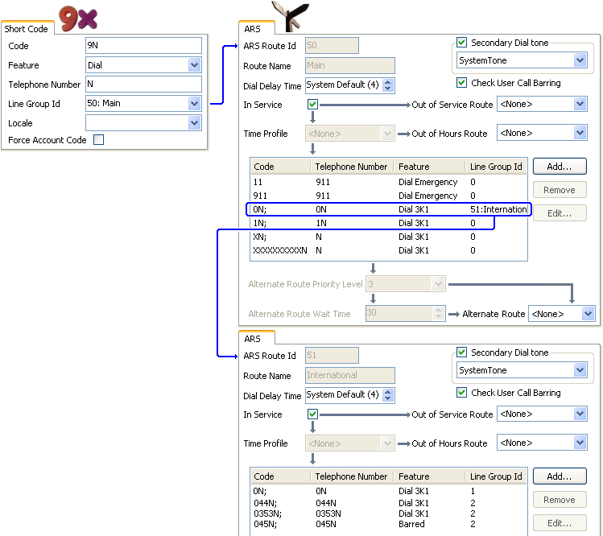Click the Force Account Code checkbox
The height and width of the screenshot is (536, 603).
[98, 139]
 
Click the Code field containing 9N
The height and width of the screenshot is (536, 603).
[143, 45]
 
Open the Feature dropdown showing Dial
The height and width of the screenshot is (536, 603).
[143, 65]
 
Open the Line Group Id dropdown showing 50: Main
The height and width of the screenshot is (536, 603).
[143, 104]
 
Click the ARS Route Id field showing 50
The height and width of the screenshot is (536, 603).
[332, 45]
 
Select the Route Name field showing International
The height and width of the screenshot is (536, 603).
[350, 375]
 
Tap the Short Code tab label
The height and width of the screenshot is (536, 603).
[26, 29]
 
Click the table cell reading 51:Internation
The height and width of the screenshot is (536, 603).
[498, 209]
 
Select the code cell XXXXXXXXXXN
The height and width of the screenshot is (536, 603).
[280, 250]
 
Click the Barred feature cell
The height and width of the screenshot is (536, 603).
[411, 524]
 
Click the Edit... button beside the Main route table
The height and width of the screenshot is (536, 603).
[560, 213]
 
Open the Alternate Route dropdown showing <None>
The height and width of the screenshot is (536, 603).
[562, 314]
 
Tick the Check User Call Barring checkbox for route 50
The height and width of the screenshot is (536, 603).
[461, 83]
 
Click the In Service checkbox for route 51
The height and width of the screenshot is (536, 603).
[312, 414]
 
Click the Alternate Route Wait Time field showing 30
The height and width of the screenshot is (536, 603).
[405, 313]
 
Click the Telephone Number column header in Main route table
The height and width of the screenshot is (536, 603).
[351, 167]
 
